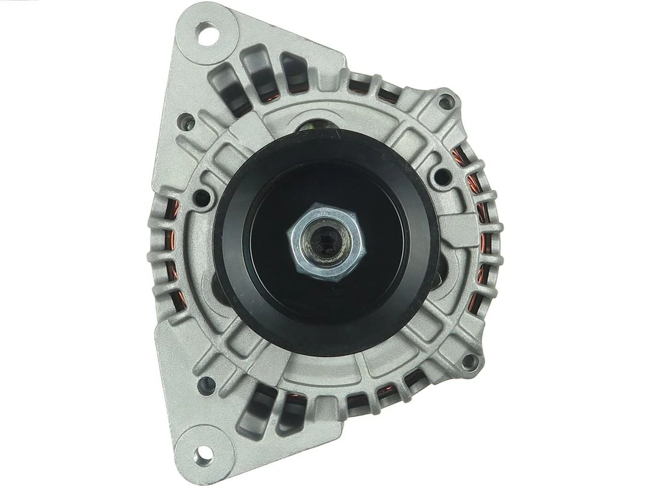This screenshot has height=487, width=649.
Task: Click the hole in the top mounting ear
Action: coord(206,33)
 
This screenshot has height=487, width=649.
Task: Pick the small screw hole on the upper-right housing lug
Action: coord(446,102)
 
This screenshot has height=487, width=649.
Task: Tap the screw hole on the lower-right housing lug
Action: coord(470,362)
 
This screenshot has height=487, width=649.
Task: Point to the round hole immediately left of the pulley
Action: coord(203,197)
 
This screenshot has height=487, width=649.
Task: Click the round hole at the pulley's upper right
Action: coord(441,176)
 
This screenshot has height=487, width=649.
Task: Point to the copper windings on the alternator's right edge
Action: coord(481,240)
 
